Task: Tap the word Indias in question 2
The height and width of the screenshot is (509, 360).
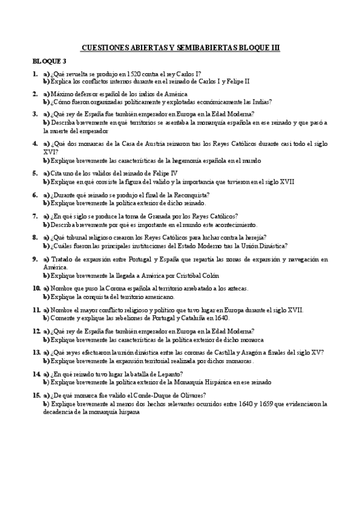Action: (x=260, y=102)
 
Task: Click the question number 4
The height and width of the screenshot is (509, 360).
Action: (x=35, y=144)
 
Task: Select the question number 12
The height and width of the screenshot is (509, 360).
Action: (x=36, y=331)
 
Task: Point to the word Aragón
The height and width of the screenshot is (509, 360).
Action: (x=252, y=352)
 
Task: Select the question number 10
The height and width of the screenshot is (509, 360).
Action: (x=36, y=289)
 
